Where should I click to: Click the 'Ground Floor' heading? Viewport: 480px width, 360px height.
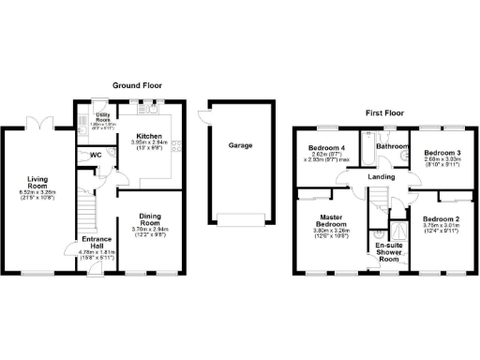tap(139, 84)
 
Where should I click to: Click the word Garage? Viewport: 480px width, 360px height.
tap(239, 145)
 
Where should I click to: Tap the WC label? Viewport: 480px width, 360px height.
tap(95, 156)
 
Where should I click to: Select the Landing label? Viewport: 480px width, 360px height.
tap(382, 176)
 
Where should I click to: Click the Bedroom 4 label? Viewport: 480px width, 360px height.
tap(327, 148)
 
